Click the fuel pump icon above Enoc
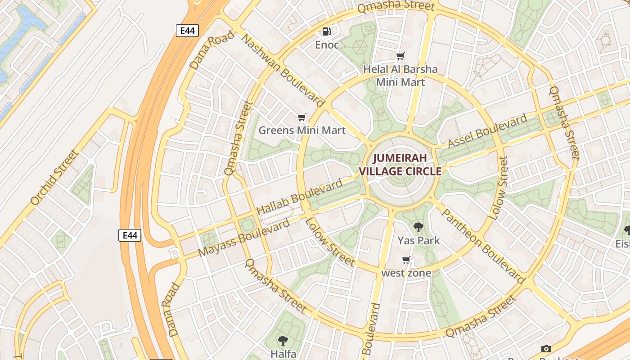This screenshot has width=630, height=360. pyautogui.click(x=327, y=31)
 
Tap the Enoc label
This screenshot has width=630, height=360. pyautogui.click(x=327, y=45)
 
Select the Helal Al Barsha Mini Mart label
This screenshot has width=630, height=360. pyautogui.click(x=400, y=76)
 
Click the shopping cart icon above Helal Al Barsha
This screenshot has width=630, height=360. pyautogui.click(x=400, y=56)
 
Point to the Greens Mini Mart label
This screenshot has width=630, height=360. pyautogui.click(x=302, y=130)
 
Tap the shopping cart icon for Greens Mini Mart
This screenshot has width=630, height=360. pyautogui.click(x=302, y=117)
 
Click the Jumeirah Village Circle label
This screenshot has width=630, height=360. pyautogui.click(x=400, y=165)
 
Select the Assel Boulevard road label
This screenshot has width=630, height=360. pyautogui.click(x=487, y=131)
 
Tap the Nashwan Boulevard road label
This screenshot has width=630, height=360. pyautogui.click(x=283, y=70)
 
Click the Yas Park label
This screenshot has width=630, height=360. pyautogui.click(x=418, y=240)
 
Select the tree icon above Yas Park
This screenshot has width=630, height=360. pyautogui.click(x=418, y=227)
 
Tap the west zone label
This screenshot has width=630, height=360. pyautogui.click(x=406, y=273)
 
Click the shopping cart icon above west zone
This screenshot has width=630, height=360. pyautogui.click(x=406, y=260)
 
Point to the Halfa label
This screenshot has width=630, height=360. pyautogui.click(x=283, y=354)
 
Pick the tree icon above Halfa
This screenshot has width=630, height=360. pyautogui.click(x=283, y=341)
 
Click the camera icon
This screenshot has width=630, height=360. pyautogui.click(x=546, y=349)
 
